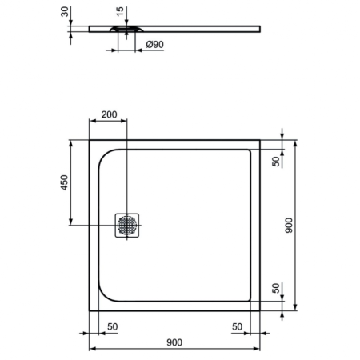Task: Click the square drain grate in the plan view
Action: click(127, 225)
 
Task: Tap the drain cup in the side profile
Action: click(127, 31)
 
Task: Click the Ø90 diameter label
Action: click(155, 46)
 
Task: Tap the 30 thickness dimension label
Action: click(63, 14)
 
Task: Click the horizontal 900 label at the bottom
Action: click(175, 342)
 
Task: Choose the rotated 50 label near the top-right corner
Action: click(276, 162)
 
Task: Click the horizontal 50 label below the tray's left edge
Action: click(111, 326)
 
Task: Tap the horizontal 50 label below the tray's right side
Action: click(238, 326)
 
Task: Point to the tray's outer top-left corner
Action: click(89, 140)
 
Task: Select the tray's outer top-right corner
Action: click(261, 140)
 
